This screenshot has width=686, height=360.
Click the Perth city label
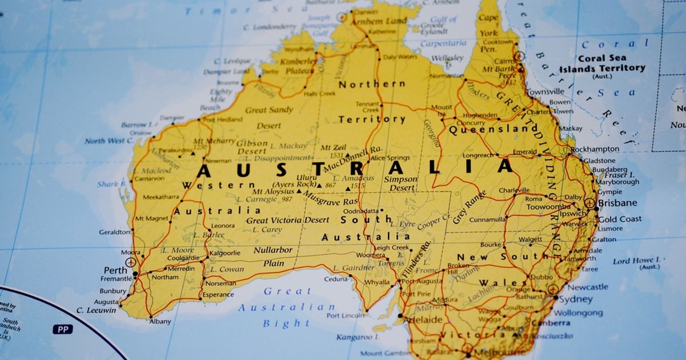pyautogui.click(x=115, y=270)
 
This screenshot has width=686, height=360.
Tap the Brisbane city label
pyautogui.click(x=617, y=203)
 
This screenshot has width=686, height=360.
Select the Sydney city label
pyautogui.click(x=576, y=299)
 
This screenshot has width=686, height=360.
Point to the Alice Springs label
pyautogui.click(x=390, y=158)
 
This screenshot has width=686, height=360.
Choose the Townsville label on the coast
pyautogui.click(x=545, y=91)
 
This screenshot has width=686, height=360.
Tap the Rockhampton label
pyautogui.click(x=595, y=149)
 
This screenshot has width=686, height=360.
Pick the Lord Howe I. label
pyautogui.click(x=636, y=262)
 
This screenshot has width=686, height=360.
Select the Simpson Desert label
pyautogui.click(x=400, y=183)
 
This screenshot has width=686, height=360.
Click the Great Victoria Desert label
pyautogui.click(x=288, y=220)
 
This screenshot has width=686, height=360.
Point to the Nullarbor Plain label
pyautogui.click(x=273, y=257)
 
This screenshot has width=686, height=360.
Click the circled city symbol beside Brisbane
pyautogui.click(x=590, y=203)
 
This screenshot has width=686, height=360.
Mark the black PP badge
pyautogui.click(x=63, y=329)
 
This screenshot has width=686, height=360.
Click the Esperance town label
pyautogui.click(x=218, y=295)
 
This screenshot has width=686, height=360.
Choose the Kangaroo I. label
pyautogui.click(x=354, y=337)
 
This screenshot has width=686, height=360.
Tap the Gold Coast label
pyautogui.click(x=620, y=219)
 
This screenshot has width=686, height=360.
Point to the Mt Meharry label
pyautogui.click(x=214, y=141)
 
